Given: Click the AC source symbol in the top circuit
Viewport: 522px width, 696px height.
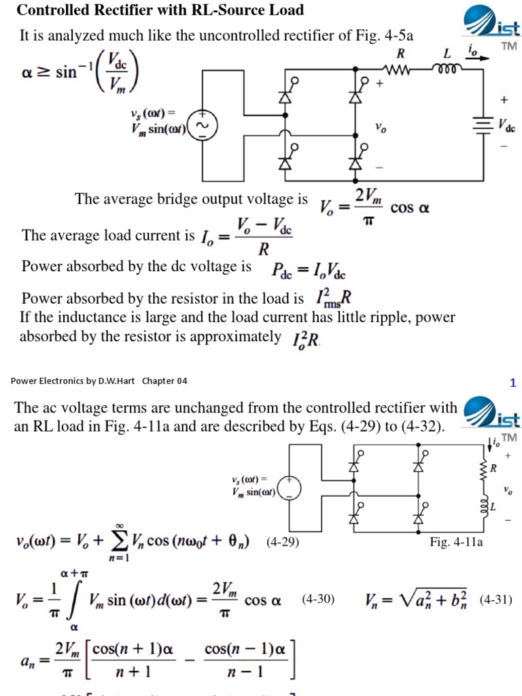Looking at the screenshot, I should (202, 127).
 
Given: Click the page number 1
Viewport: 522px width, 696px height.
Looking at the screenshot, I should (513, 383).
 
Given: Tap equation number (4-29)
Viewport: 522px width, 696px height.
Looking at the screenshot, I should (283, 542).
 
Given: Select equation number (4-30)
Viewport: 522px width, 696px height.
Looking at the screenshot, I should (318, 600).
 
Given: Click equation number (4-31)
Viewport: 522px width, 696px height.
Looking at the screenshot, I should (495, 600).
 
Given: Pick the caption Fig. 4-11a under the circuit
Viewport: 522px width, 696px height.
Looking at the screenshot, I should (456, 542).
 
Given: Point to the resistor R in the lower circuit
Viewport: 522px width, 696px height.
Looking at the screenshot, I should (484, 468).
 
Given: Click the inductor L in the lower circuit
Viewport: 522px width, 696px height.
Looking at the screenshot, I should (485, 507).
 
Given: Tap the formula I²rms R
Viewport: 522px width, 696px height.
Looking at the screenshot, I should (333, 298).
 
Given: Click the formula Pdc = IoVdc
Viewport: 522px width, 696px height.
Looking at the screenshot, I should (309, 270).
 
